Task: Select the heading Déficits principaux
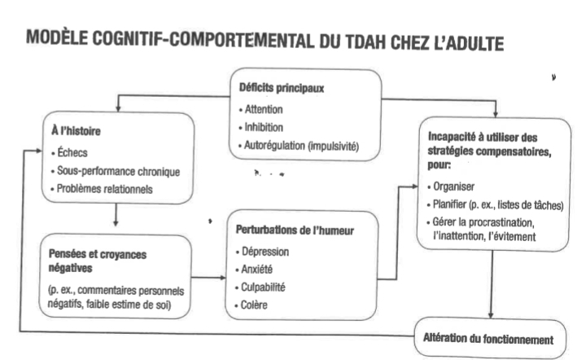[x=281, y=87]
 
